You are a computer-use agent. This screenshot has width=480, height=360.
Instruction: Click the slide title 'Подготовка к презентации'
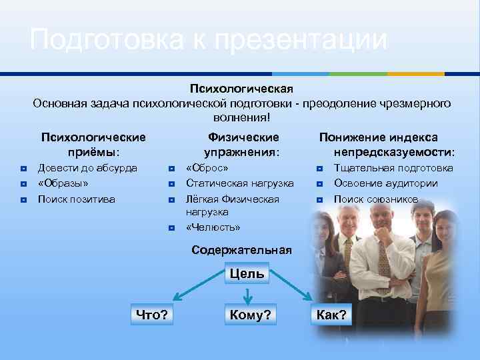point(208,40)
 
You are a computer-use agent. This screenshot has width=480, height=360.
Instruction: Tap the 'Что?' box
point(151,315)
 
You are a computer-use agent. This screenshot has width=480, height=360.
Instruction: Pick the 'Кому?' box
point(250,315)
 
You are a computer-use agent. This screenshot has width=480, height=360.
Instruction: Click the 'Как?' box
point(331,315)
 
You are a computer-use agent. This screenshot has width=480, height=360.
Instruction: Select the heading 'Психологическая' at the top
point(241,89)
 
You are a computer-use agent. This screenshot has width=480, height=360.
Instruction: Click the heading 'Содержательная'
point(241,250)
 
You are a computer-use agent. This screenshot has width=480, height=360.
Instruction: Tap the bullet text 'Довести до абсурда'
point(87,168)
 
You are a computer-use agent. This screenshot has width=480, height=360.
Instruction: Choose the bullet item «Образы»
point(63,183)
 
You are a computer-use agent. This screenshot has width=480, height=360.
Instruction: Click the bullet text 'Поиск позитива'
point(76,199)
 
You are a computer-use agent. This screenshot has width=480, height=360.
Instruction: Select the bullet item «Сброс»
point(207,168)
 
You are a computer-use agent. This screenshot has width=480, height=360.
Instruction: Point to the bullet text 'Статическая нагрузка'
point(239,183)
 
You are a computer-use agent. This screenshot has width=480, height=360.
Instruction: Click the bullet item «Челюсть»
point(213,227)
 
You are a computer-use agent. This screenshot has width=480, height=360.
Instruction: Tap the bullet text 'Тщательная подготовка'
point(393,168)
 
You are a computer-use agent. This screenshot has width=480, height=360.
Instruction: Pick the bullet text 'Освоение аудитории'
point(385,183)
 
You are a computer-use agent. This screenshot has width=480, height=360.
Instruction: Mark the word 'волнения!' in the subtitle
point(241,117)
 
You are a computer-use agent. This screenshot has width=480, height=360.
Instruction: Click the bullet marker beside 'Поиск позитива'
point(23,199)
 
